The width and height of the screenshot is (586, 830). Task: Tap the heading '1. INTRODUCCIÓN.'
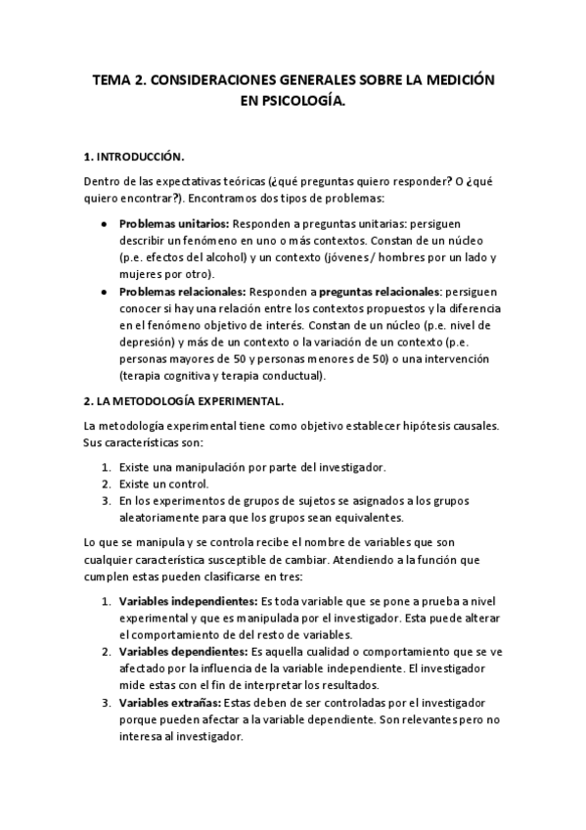click(x=134, y=156)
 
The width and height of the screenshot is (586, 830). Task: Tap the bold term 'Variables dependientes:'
click(x=184, y=651)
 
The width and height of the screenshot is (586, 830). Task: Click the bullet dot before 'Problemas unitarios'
click(x=105, y=224)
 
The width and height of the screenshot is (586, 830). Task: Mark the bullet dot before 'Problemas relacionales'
click(x=105, y=293)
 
